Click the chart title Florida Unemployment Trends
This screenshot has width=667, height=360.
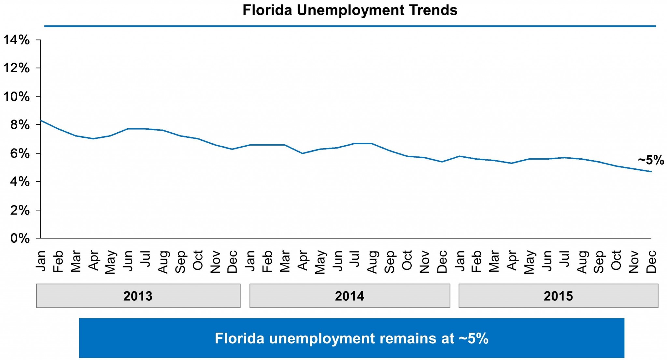tap(350, 10)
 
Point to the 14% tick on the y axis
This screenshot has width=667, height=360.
tap(17, 40)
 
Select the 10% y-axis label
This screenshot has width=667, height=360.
tap(17, 97)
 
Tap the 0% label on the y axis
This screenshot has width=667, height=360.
tap(20, 238)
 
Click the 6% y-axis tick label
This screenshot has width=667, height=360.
tap(20, 153)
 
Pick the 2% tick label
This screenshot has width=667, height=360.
tap(20, 210)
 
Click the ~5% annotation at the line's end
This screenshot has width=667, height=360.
tap(651, 160)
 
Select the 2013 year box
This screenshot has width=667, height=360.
tap(138, 296)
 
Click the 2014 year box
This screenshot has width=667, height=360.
tap(349, 296)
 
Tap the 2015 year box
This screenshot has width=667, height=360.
tap(558, 296)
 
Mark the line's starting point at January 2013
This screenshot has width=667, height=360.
tap(41, 121)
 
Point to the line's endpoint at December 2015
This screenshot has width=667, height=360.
tap(651, 172)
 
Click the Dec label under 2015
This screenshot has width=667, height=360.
tap(651, 262)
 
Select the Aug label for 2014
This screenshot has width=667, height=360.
tap(372, 262)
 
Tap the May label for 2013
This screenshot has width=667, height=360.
tap(110, 262)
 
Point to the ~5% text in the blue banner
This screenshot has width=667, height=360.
tap(474, 338)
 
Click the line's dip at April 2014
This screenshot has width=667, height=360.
tap(303, 153)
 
